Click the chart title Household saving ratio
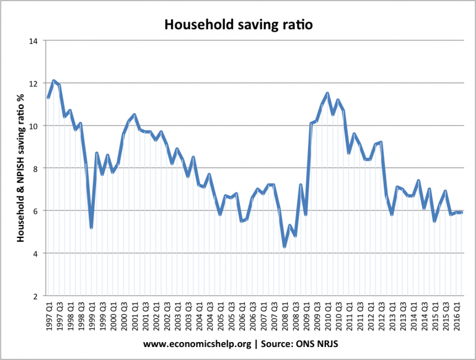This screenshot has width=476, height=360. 238,25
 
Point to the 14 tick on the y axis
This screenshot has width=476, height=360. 33,41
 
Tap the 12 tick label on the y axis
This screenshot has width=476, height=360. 33,84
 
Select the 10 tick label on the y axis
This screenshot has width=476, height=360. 33,126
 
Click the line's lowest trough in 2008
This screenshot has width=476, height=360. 284,247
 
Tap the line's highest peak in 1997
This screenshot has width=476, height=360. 54,81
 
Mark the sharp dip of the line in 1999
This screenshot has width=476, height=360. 91,227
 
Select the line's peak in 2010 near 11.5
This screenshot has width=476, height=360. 327,94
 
